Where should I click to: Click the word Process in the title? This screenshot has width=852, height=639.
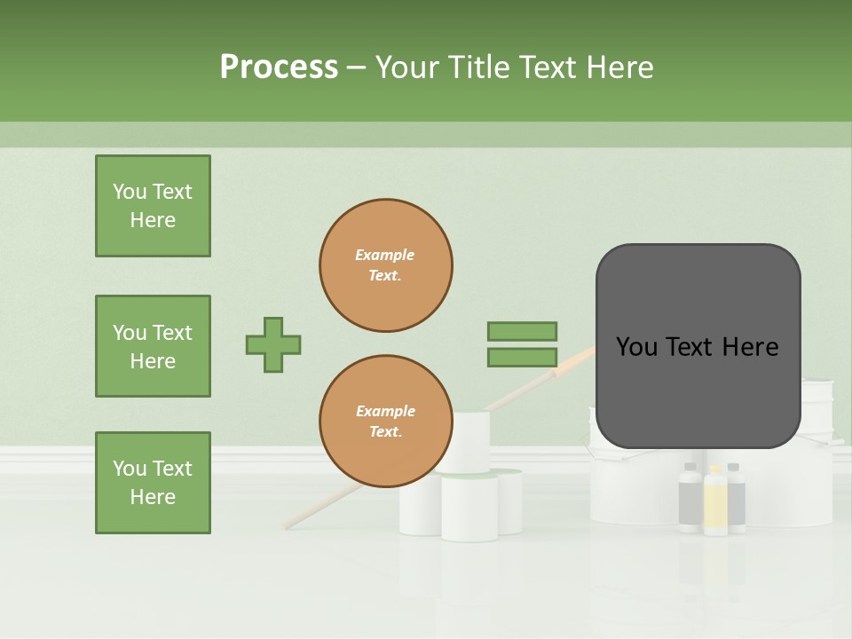click(x=279, y=67)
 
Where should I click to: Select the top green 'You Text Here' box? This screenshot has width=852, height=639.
click(x=153, y=206)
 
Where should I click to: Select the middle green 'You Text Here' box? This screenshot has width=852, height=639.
click(x=153, y=346)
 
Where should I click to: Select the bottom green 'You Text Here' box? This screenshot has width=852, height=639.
click(x=153, y=483)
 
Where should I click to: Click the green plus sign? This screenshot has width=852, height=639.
click(x=273, y=344)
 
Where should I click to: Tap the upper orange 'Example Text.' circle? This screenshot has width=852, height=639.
click(x=386, y=265)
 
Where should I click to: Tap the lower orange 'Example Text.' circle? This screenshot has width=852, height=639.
click(x=386, y=422)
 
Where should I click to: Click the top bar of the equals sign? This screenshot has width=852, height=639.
click(x=522, y=331)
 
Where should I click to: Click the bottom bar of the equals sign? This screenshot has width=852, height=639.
click(x=522, y=358)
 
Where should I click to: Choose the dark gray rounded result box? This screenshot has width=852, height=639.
click(x=698, y=346)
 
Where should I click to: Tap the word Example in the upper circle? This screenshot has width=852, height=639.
click(x=385, y=255)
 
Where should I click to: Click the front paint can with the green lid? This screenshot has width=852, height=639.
click(x=469, y=508)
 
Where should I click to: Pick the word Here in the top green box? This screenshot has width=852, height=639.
click(x=153, y=220)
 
